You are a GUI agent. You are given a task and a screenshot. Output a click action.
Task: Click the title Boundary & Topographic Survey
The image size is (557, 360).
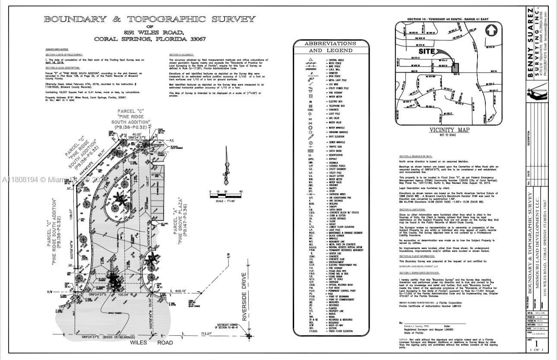pyautogui.click(x=149, y=19)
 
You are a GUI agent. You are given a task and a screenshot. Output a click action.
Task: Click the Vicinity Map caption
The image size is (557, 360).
pyautogui.click(x=449, y=130)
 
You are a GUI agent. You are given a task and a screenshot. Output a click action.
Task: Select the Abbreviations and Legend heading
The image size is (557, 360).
pyautogui.click(x=330, y=47)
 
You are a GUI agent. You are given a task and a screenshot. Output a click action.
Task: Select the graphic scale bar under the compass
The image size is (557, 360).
pyautogui.click(x=225, y=196)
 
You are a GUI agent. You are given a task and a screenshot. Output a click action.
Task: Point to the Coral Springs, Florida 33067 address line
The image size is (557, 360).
pyautogui.click(x=149, y=39)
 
